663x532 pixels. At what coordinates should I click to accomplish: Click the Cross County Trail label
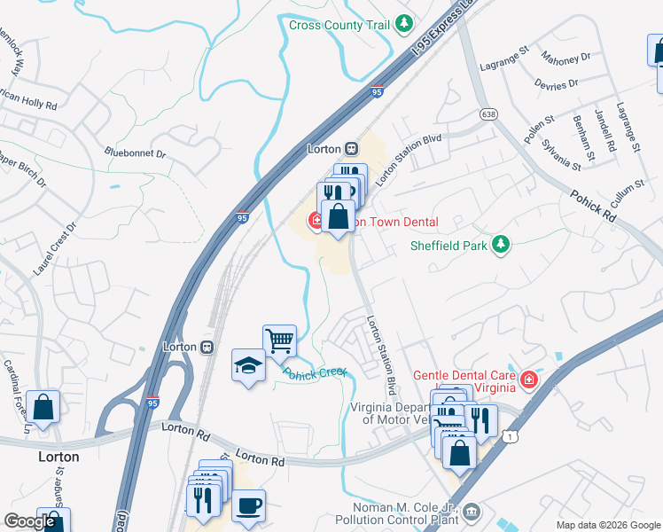coord(339,25)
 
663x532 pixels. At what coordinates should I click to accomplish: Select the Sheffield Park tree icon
coord(501,244)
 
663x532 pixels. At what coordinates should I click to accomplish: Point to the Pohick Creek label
coord(316,373)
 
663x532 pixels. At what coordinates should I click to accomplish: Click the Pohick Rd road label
coord(592,207)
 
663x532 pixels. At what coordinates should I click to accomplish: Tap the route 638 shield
coord(488,115)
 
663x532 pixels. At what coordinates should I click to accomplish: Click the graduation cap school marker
coord(248,364)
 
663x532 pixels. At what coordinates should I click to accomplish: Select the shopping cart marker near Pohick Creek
coord(279,340)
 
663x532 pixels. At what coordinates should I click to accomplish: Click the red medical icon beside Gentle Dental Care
coord(529,380)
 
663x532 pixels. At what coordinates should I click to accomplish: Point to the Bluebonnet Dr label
coord(136,153)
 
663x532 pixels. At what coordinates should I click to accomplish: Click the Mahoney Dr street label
coord(569,58)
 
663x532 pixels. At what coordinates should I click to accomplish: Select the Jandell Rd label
coord(604,130)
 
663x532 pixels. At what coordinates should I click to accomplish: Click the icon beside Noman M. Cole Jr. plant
coord(472,512)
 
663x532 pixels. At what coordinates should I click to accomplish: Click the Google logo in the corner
coord(29,521)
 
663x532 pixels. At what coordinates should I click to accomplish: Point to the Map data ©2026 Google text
coord(607,525)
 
